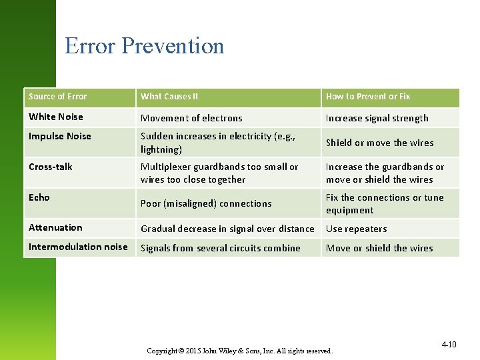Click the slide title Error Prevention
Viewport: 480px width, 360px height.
(144, 46)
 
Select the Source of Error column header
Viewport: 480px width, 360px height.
(58, 97)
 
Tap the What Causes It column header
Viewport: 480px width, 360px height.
(169, 97)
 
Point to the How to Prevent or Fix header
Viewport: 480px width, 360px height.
(368, 97)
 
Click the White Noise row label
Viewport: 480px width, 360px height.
(56, 117)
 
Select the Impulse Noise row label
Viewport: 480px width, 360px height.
(60, 136)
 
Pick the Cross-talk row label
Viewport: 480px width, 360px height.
(51, 167)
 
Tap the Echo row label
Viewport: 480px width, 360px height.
(39, 197)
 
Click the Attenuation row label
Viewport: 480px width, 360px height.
(55, 227)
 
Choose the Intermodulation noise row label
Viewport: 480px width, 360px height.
(78, 247)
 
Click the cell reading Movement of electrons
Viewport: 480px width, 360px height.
(191, 118)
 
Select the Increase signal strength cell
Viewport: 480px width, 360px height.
(377, 118)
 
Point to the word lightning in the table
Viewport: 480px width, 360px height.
(159, 149)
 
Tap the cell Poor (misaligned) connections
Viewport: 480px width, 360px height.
(206, 203)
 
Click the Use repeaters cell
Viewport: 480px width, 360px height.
(356, 229)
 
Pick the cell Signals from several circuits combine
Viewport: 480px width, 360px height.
(220, 248)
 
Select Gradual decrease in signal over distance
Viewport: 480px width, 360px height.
(227, 229)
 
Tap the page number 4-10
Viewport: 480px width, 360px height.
(449, 345)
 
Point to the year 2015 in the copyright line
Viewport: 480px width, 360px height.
(191, 351)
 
